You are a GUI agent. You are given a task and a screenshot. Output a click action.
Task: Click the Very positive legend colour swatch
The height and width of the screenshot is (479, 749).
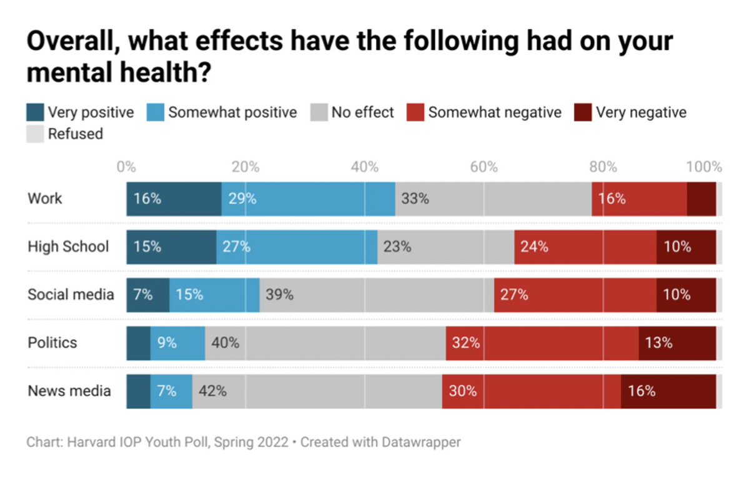coord(35,112)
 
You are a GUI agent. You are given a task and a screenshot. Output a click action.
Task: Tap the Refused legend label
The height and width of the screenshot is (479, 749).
coord(75,133)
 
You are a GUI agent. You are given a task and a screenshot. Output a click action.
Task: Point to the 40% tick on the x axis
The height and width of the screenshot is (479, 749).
coord(365,167)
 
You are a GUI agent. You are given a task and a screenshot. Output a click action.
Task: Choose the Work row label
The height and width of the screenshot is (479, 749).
coord(45,199)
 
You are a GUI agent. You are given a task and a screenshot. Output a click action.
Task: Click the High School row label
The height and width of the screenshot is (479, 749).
coord(68,246)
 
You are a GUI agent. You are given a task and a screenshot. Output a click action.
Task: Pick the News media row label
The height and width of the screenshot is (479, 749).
coord(69,391)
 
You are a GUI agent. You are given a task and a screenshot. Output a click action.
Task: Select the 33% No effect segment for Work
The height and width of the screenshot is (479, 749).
coord(493,199)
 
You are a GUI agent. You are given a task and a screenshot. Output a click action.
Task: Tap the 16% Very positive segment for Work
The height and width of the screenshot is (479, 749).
coord(174,199)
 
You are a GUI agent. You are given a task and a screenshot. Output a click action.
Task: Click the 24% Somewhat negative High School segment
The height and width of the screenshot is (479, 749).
coord(585,246)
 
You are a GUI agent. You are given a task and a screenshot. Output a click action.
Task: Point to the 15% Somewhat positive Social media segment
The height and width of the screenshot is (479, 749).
coord(214,295)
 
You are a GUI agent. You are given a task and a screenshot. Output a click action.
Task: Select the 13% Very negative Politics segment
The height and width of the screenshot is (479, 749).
coord(677,343)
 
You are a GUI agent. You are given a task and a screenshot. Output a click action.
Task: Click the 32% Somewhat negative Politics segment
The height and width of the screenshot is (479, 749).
coord(542,343)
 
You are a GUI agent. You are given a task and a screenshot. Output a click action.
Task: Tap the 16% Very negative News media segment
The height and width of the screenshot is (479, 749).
coord(668,391)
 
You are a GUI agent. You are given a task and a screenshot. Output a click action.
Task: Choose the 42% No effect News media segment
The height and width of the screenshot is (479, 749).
coord(317,391)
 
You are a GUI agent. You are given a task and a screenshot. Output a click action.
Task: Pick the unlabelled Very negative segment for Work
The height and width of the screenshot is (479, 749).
coord(701,199)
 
